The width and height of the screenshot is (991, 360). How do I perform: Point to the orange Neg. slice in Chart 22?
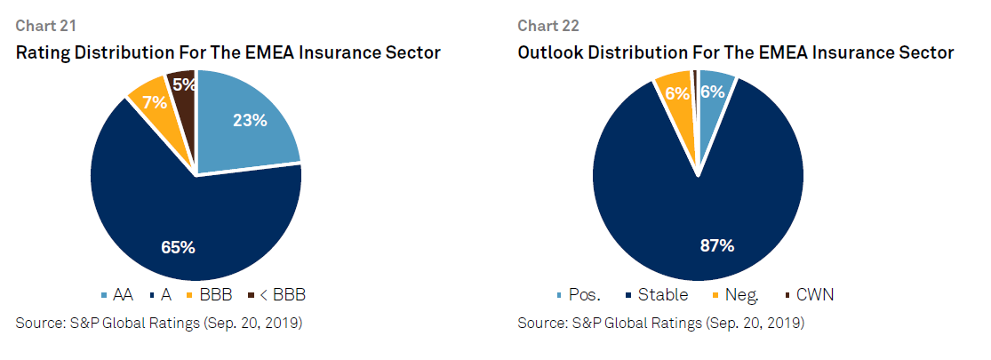pyautogui.click(x=677, y=101)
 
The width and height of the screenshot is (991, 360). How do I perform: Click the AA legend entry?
pyautogui.click(x=117, y=295)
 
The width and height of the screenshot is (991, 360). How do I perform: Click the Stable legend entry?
pyautogui.click(x=656, y=295)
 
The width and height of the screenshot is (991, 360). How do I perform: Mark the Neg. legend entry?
pyautogui.click(x=735, y=295)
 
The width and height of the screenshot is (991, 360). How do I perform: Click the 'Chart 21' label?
pyautogui.click(x=46, y=26)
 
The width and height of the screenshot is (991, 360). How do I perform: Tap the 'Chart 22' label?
pyautogui.click(x=548, y=26)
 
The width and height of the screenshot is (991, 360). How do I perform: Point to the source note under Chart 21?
pyautogui.click(x=159, y=324)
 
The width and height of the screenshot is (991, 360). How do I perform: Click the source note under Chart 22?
pyautogui.click(x=661, y=324)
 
